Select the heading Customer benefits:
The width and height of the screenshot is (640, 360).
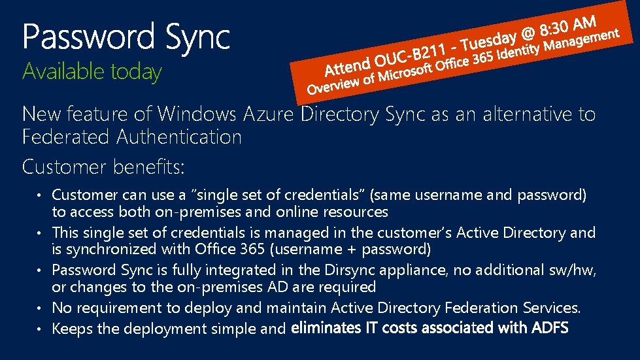click(x=103, y=167)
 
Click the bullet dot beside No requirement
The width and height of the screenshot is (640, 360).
click(x=39, y=307)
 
